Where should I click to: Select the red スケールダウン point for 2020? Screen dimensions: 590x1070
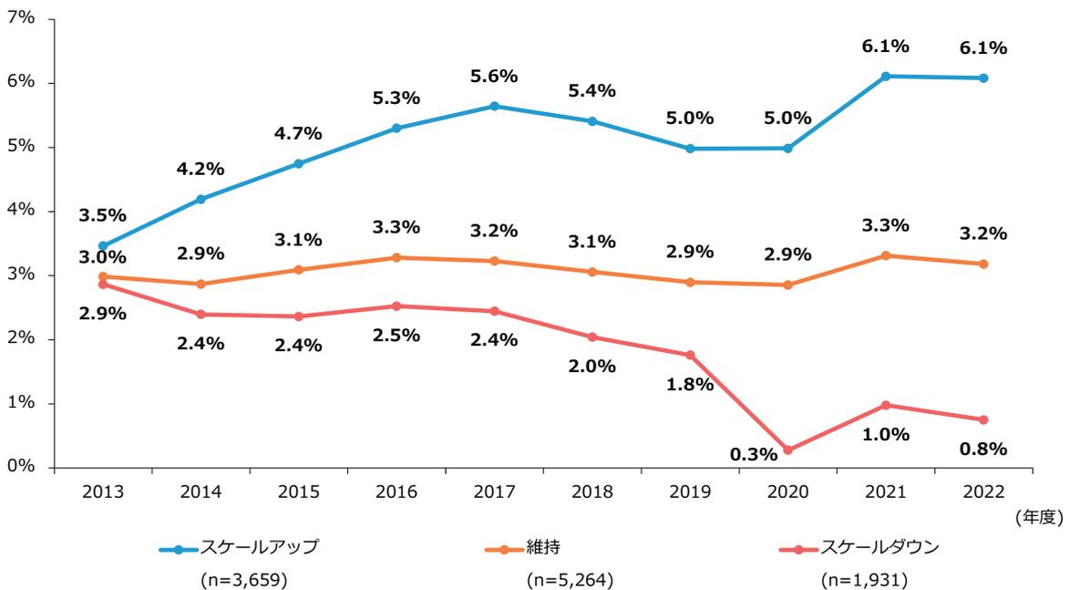coord(787,450)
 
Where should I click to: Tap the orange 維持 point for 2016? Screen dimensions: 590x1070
coord(396,257)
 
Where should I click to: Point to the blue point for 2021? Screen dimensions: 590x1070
coord(885,76)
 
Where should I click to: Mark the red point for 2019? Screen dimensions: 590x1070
coord(690,355)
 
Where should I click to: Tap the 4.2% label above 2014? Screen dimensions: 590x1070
coord(201,169)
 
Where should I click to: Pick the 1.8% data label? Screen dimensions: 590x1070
coord(690,384)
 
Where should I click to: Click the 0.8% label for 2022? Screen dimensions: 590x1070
coord(983,448)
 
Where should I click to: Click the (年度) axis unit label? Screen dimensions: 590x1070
coord(1037,517)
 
